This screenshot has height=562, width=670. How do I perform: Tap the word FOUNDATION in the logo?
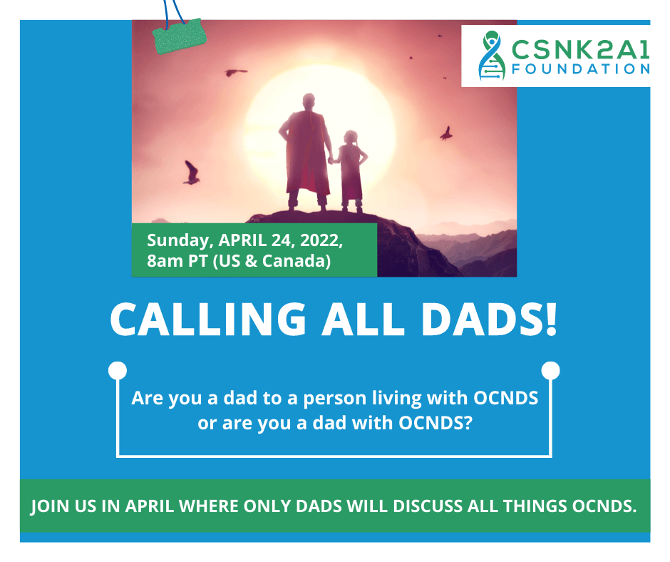[x=581, y=69]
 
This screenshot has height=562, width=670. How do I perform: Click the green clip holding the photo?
[x=179, y=36]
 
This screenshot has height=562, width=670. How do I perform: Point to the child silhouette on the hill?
[x=351, y=171]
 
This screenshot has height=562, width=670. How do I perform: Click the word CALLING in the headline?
[x=208, y=319]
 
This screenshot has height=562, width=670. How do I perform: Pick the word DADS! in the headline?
[x=490, y=319]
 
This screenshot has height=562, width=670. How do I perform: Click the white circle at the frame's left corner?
[x=118, y=370]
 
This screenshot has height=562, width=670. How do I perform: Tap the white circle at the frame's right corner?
[x=550, y=370]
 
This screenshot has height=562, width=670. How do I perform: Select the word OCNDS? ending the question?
[x=435, y=423]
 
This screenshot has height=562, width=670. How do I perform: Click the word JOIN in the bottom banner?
[x=50, y=506]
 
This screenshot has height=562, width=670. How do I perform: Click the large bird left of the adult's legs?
[x=192, y=173]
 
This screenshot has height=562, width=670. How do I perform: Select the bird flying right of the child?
[x=446, y=134]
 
